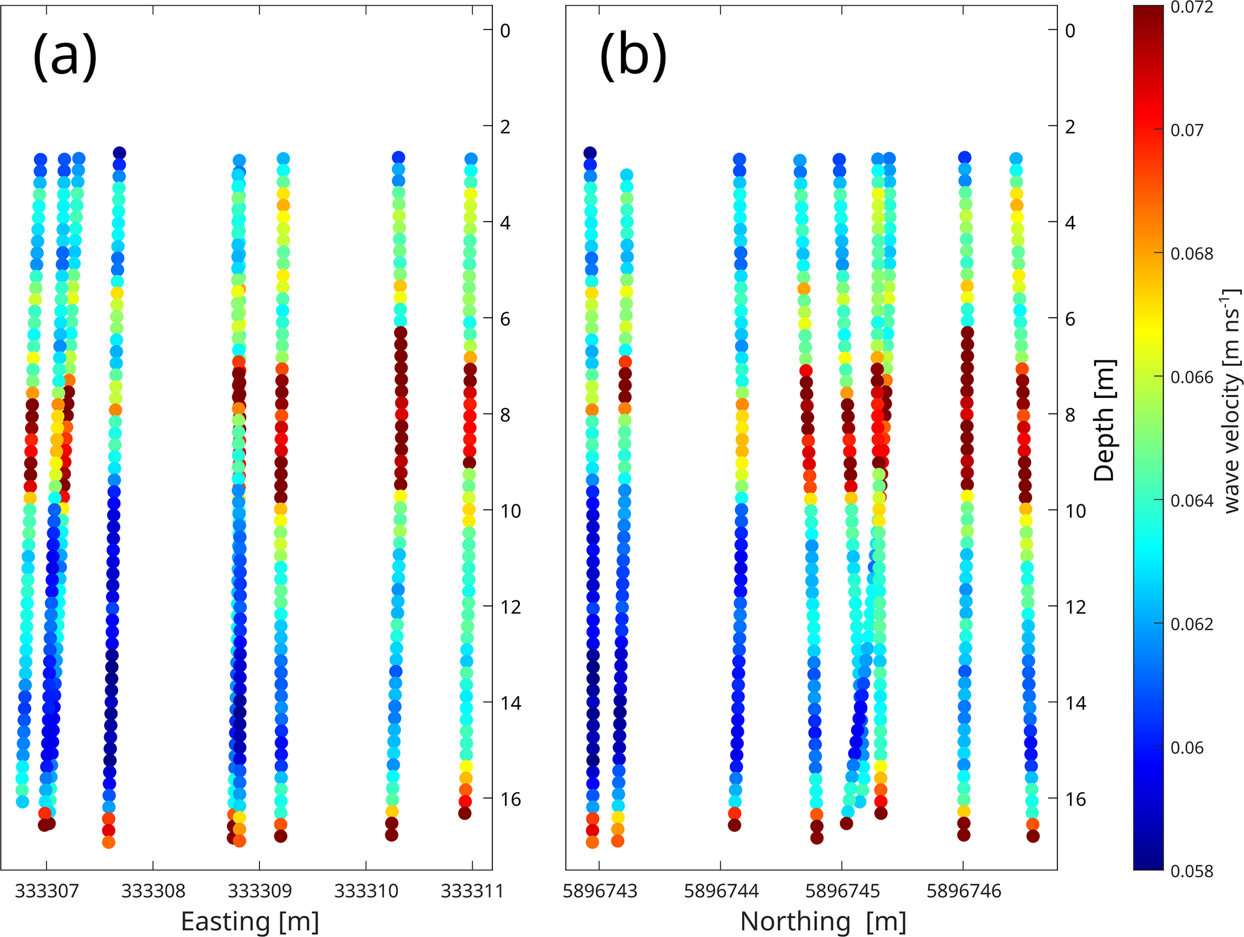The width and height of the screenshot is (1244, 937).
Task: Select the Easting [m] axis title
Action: (x=250, y=921)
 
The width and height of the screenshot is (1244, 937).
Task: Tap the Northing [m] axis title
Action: (x=823, y=921)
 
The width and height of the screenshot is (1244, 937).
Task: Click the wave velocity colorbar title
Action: (x=1232, y=400)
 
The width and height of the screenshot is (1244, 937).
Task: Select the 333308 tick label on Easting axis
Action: (x=153, y=891)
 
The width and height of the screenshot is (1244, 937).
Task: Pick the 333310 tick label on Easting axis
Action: (x=366, y=891)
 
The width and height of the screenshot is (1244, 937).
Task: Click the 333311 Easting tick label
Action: (x=472, y=891)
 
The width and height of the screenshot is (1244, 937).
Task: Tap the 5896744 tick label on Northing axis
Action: (x=720, y=891)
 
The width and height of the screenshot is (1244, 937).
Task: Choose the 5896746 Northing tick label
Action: (x=964, y=891)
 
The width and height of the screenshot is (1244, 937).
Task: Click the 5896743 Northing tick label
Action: (x=599, y=891)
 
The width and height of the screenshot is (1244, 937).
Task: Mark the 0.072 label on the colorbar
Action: (x=1192, y=8)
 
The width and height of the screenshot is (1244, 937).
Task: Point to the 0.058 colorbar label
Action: (x=1192, y=871)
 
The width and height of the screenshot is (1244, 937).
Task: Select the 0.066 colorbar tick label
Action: (x=1192, y=377)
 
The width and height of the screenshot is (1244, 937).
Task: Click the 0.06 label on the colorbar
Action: (x=1187, y=747)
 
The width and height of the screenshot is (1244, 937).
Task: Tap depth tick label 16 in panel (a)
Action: (x=510, y=799)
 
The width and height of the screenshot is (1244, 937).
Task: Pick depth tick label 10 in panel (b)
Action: (x=1076, y=511)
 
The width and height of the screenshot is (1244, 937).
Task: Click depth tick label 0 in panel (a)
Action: (x=505, y=31)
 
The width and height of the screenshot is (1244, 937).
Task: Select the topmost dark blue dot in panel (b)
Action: (x=590, y=153)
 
